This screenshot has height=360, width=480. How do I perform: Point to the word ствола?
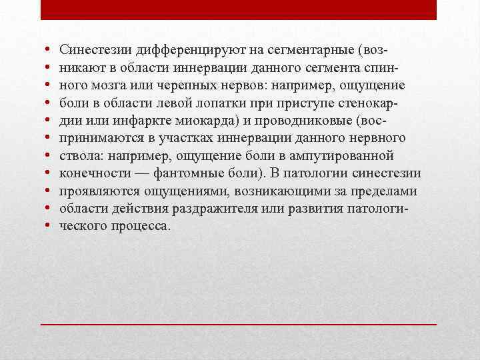(77, 156)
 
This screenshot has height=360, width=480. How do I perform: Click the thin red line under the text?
(239, 323)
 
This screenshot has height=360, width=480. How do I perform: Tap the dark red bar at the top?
(239, 9)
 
